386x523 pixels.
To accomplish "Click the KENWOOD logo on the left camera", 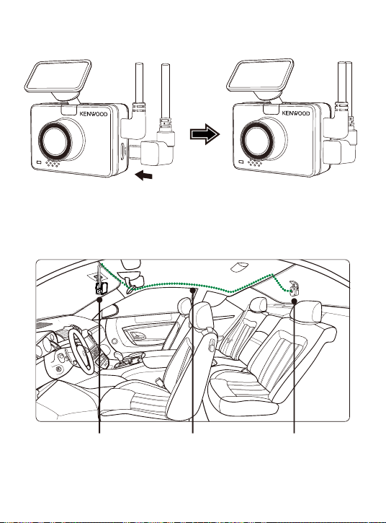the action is pos(94,114).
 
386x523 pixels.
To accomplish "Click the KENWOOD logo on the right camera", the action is pos(296,113).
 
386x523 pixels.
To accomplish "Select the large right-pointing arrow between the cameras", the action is pos(205,134).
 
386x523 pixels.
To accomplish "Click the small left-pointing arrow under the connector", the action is pos(144,175).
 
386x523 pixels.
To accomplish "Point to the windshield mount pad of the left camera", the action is pos(58,76).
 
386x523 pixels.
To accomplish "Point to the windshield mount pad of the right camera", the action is pos(260,76).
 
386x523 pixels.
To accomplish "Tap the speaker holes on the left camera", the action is pos(53,164).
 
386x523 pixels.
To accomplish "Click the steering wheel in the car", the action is pos(80,351).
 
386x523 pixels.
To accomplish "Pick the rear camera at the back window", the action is pos(293,288).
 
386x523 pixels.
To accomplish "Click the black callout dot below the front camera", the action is pos(99,300).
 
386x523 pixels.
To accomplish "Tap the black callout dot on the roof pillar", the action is pos(192,290).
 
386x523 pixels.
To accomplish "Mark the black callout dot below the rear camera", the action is pos(294,302).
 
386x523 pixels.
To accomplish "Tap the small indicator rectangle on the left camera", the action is pos(39,162).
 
